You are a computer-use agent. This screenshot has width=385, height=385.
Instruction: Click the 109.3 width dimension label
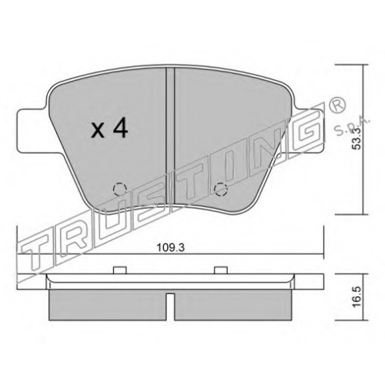[x=171, y=248]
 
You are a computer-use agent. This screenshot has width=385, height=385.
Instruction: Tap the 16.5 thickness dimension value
[x=357, y=296]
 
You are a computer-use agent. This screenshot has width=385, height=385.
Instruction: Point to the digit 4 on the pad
[x=120, y=129]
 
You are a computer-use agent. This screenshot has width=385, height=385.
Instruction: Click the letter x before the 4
[x=98, y=131]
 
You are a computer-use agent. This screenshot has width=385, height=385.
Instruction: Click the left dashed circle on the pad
[x=120, y=189]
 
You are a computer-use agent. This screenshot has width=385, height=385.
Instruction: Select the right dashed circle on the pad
[x=221, y=189]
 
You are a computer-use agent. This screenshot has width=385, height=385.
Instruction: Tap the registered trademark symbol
[x=337, y=105]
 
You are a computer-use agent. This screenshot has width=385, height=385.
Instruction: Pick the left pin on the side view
[x=120, y=270]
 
